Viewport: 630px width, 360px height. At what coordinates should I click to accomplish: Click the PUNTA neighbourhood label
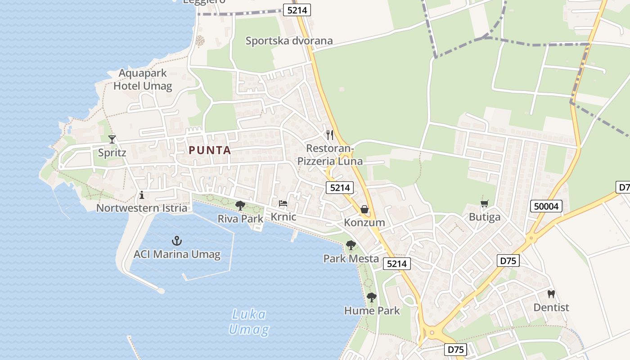click(x=210, y=150)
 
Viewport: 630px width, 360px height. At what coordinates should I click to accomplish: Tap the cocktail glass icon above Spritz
click(x=112, y=139)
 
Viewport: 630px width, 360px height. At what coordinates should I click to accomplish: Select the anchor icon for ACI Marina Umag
click(x=177, y=240)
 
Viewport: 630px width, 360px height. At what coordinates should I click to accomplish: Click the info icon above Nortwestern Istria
click(x=142, y=195)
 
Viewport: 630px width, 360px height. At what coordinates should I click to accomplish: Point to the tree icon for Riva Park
click(x=240, y=206)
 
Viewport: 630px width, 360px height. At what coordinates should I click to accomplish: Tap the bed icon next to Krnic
click(x=283, y=203)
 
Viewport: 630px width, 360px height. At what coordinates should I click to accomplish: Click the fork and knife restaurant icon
click(x=330, y=135)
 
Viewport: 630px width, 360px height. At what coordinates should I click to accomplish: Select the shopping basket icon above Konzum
click(x=364, y=209)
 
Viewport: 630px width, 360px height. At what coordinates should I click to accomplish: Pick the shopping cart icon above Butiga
click(x=484, y=204)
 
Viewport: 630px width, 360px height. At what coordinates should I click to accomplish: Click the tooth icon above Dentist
click(x=551, y=294)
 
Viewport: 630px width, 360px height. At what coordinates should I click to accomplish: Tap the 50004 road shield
click(x=546, y=206)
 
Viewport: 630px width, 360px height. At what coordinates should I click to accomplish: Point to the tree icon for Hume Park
click(x=372, y=297)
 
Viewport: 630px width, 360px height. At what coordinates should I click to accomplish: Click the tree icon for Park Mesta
click(x=351, y=245)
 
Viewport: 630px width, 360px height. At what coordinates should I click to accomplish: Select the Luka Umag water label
click(x=249, y=322)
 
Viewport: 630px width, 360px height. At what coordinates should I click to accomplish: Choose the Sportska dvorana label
click(x=289, y=41)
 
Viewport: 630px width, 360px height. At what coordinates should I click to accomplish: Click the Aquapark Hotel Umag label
click(x=143, y=80)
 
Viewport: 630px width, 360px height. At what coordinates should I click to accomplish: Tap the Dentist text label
click(x=551, y=307)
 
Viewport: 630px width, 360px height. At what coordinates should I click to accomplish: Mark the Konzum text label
click(x=364, y=222)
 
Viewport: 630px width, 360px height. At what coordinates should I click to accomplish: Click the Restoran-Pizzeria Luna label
click(x=330, y=154)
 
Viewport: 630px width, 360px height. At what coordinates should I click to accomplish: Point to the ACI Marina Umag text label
click(x=177, y=254)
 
